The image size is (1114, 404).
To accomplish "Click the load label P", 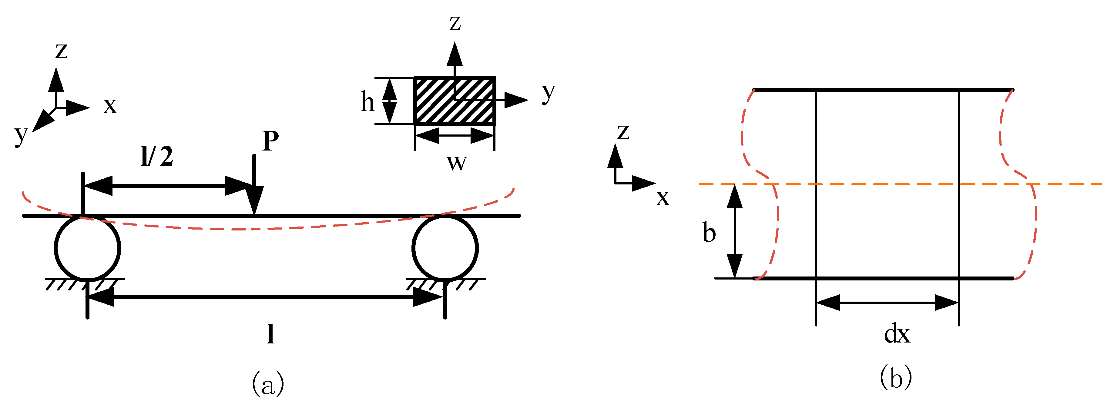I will point(270,141).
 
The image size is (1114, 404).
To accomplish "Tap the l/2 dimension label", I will point(157,156).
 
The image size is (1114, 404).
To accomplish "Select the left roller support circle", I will point(87,248).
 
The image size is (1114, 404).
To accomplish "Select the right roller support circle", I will point(445,248).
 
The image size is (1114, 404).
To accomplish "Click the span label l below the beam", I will point(270,333).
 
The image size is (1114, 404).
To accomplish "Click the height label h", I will point(367,102).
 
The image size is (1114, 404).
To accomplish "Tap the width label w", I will point(456,163).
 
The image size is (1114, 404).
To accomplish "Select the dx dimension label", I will point(897,334).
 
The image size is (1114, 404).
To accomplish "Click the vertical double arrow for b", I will point(734,231).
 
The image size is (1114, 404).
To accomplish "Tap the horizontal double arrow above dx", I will point(888,303).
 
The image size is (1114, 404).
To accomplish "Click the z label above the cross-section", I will point(455,23).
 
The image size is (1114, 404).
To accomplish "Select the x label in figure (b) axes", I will point(663,198).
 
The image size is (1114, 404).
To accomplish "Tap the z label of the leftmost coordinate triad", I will point(62,51).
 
